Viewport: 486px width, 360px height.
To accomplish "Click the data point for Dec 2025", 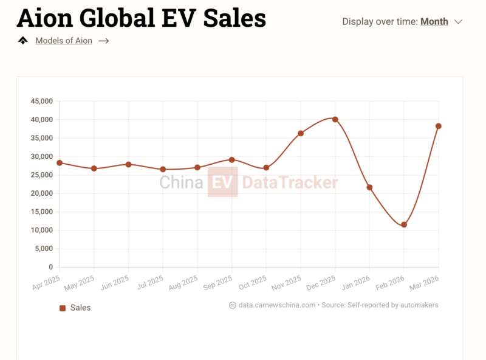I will pyautogui.click(x=335, y=119).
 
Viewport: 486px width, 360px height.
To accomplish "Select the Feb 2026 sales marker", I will pyautogui.click(x=404, y=224).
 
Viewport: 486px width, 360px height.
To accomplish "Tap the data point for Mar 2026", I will pyautogui.click(x=438, y=126).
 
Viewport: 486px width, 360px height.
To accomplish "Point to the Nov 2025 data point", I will pyautogui.click(x=301, y=133).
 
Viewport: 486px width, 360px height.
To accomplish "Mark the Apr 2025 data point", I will pyautogui.click(x=60, y=163).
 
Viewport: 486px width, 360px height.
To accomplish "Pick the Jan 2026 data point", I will pyautogui.click(x=369, y=187).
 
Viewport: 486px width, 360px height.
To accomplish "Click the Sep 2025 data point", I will pyautogui.click(x=231, y=159).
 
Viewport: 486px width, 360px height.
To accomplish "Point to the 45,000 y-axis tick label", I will pyautogui.click(x=42, y=101).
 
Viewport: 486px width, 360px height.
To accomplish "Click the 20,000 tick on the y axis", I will pyautogui.click(x=42, y=193).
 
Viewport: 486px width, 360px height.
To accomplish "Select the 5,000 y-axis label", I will pyautogui.click(x=44, y=249).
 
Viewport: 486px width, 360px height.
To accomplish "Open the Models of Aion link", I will pyautogui.click(x=64, y=41).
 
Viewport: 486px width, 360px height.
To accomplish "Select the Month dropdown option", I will pyautogui.click(x=434, y=22).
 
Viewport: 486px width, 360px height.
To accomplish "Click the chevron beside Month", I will pyautogui.click(x=458, y=22).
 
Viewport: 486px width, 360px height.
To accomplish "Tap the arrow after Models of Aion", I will pyautogui.click(x=103, y=41).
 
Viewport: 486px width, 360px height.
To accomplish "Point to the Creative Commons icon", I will pyautogui.click(x=232, y=305).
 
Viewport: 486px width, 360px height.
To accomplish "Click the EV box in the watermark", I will pyautogui.click(x=223, y=182).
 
